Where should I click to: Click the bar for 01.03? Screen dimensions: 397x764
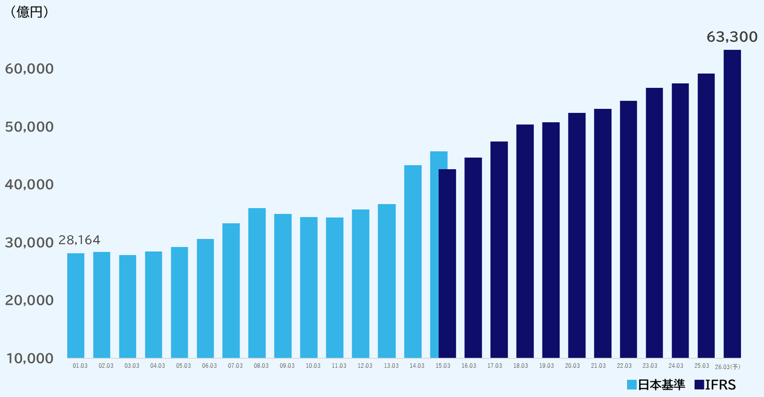click(76, 305)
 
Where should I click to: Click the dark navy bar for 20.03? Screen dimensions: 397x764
click(577, 235)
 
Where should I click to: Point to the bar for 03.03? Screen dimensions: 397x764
click(128, 306)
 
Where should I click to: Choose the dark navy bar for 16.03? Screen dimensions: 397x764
click(473, 257)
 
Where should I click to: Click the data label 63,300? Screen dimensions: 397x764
click(732, 37)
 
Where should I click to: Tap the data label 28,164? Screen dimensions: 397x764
click(79, 240)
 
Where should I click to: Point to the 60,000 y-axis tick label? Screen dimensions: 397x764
click(29, 69)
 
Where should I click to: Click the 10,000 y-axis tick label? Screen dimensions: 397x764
click(29, 358)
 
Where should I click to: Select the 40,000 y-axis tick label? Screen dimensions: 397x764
click(29, 185)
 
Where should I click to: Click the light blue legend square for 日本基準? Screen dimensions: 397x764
click(632, 384)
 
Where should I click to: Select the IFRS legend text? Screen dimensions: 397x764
click(720, 384)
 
